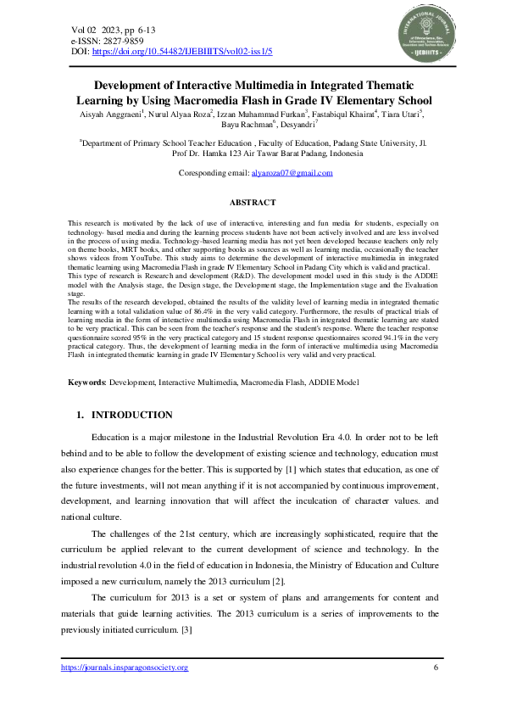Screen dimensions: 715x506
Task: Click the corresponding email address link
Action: point(292,173)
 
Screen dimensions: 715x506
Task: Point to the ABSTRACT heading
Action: point(253,203)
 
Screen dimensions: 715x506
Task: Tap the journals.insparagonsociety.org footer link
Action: point(125,668)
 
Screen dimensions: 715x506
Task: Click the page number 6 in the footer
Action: point(436,668)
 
